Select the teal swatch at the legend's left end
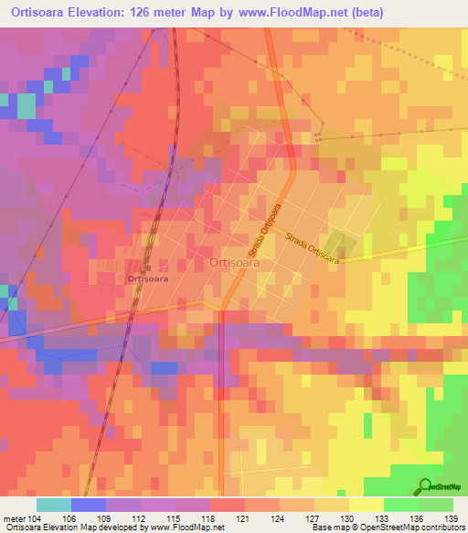pyautogui.click(x=54, y=505)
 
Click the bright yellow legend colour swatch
pyautogui.click(x=366, y=505)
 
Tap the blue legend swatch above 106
pyautogui.click(x=89, y=505)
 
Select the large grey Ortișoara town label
pyautogui.click(x=235, y=262)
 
